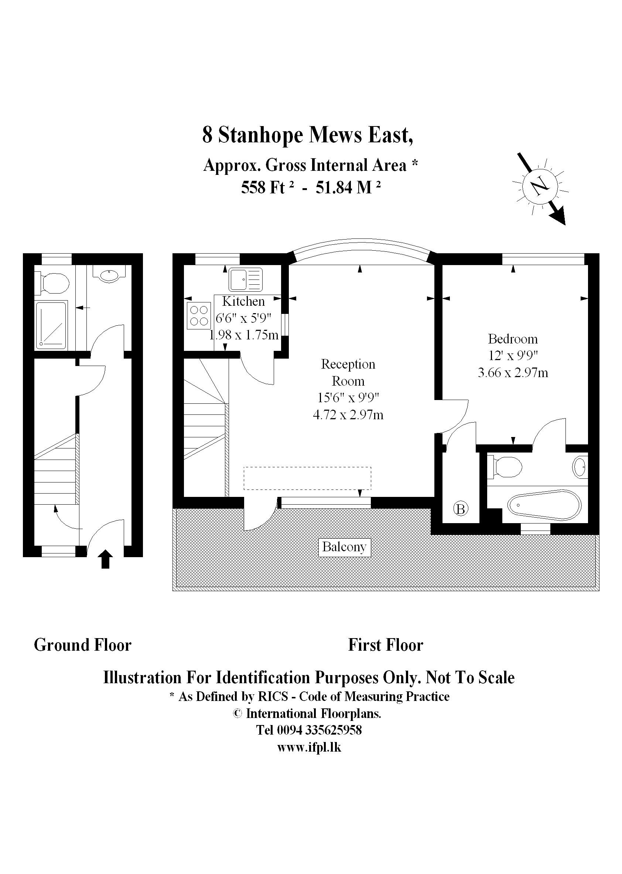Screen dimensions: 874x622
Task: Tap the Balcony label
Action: pyautogui.click(x=344, y=546)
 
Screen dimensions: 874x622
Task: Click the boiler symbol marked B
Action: pyautogui.click(x=461, y=509)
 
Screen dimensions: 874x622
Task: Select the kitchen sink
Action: pyautogui.click(x=246, y=279)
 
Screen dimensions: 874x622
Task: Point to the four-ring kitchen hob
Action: pyautogui.click(x=199, y=315)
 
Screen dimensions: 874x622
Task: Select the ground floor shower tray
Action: pyautogui.click(x=51, y=325)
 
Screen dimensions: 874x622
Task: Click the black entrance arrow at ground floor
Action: pyautogui.click(x=106, y=559)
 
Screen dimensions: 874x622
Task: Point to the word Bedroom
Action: pyautogui.click(x=512, y=339)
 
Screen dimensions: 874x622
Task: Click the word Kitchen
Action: pyautogui.click(x=243, y=301)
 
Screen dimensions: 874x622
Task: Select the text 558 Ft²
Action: pyautogui.click(x=267, y=188)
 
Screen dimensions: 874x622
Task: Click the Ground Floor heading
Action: pyautogui.click(x=83, y=645)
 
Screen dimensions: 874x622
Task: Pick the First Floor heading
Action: pyautogui.click(x=385, y=645)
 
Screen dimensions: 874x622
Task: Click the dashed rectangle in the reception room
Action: pyautogui.click(x=307, y=478)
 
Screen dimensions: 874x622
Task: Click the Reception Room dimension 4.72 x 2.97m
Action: pyautogui.click(x=348, y=415)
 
